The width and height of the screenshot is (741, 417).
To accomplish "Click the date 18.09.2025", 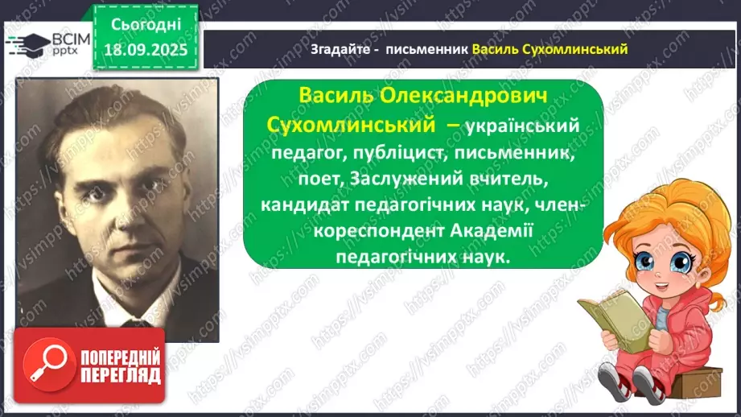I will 147,47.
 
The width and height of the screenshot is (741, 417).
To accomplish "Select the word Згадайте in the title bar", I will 336,49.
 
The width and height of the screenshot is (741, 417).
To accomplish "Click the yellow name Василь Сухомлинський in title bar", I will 550,49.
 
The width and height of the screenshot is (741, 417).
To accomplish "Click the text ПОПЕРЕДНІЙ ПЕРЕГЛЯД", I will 120,366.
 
